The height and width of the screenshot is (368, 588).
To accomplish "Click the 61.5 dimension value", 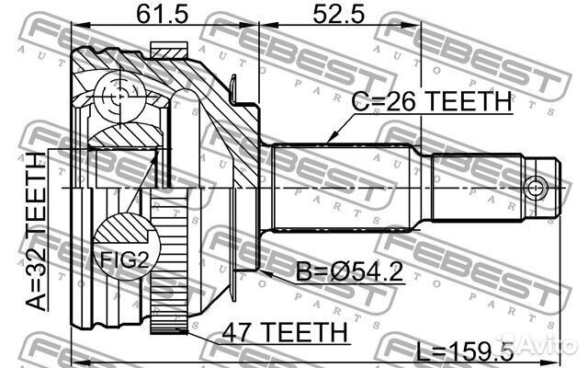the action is coord(162,15).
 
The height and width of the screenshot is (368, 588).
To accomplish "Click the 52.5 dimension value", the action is coord(339,15).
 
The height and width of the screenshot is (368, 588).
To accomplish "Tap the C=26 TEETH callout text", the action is coord(432,101).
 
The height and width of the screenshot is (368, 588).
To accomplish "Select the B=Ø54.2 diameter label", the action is coord(349,272).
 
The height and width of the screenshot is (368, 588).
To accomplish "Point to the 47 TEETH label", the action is coord(284,332).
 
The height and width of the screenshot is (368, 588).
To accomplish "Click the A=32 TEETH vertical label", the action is coord(37,232).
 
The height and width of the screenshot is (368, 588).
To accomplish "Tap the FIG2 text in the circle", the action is coord(125,259).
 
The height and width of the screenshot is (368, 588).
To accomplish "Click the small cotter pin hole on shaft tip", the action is coord(534,187).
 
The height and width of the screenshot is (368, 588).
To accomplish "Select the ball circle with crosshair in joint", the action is coord(119,97).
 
